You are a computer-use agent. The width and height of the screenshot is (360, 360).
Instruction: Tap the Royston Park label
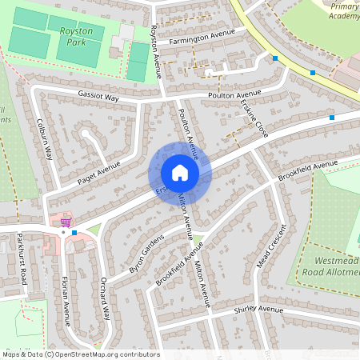tap(77, 37)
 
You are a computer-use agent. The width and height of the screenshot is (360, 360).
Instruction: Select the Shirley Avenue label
tap(259, 310)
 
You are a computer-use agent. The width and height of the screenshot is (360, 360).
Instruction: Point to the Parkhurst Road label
tap(23, 260)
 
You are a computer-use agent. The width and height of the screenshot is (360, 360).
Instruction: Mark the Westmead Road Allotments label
tap(329, 266)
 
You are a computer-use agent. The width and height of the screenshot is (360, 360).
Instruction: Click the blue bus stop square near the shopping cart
tap(74, 233)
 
